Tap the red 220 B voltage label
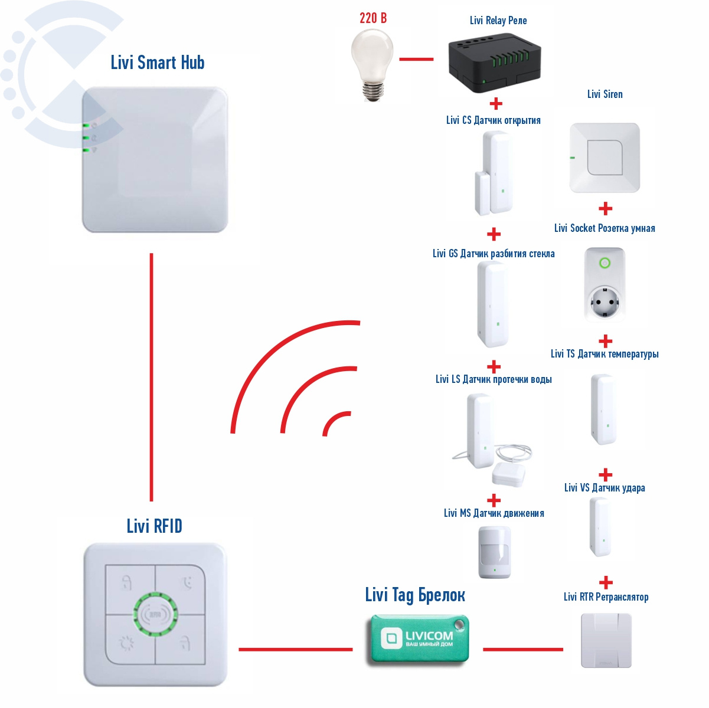pos(373,18)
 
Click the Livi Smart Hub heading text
pos(158,63)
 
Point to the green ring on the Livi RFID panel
pos(155,614)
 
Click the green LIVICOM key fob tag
pos(419,640)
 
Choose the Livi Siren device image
pos(605,158)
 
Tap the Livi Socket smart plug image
pos(604,284)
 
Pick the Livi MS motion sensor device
pos(494,552)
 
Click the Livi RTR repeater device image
pos(606,640)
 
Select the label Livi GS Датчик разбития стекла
pos(494,254)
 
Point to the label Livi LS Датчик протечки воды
pos(494,379)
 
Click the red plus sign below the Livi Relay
pos(496,104)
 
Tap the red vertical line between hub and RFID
pos(152,378)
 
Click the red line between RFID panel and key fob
pos(295,650)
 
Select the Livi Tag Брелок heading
pos(415,595)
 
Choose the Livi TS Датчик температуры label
pos(605,354)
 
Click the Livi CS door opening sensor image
pos(494,172)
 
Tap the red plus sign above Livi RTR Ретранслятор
pos(606,583)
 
